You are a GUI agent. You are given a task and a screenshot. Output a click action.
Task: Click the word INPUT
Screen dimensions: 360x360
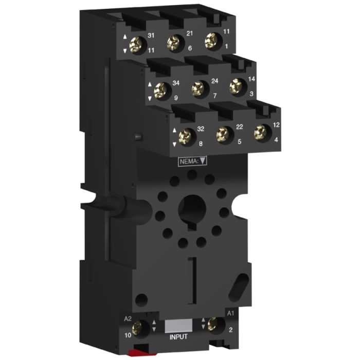[x=178, y=337]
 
